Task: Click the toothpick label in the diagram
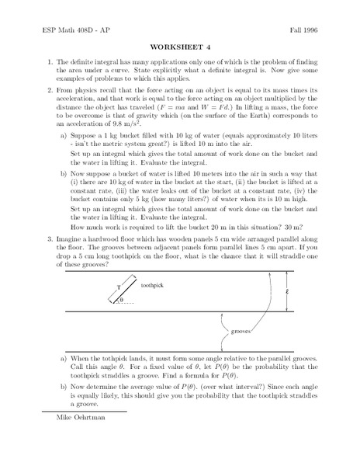point(153,286)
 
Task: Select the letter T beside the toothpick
point(118,287)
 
